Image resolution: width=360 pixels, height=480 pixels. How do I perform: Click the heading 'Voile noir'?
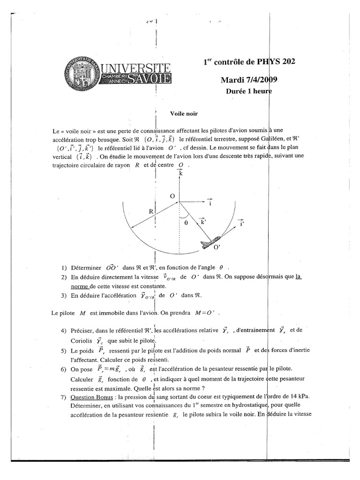click(x=185, y=113)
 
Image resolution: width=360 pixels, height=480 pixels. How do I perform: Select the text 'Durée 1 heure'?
click(x=249, y=92)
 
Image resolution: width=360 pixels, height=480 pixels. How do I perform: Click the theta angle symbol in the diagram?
click(x=186, y=224)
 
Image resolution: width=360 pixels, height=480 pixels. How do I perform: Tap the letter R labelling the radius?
click(x=151, y=211)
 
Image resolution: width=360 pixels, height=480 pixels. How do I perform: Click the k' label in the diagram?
click(x=203, y=222)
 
